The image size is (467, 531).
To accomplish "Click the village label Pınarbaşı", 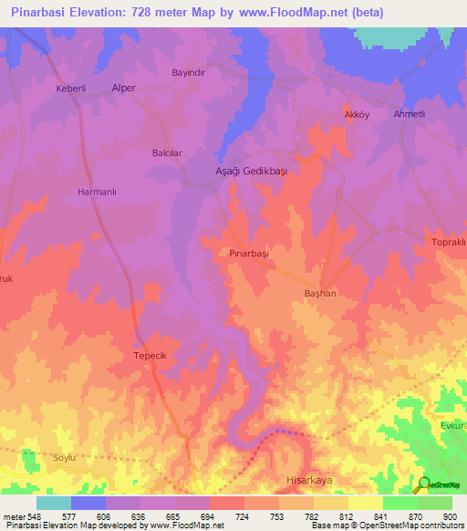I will pyautogui.click(x=249, y=254).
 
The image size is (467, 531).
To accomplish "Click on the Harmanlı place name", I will pyautogui.click(x=97, y=193).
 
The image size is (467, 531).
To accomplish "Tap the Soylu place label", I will pyautogui.click(x=67, y=456).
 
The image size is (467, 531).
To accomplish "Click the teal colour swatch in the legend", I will pyautogui.click(x=54, y=503).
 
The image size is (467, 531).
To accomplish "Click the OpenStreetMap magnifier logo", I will pyautogui.click(x=423, y=484).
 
